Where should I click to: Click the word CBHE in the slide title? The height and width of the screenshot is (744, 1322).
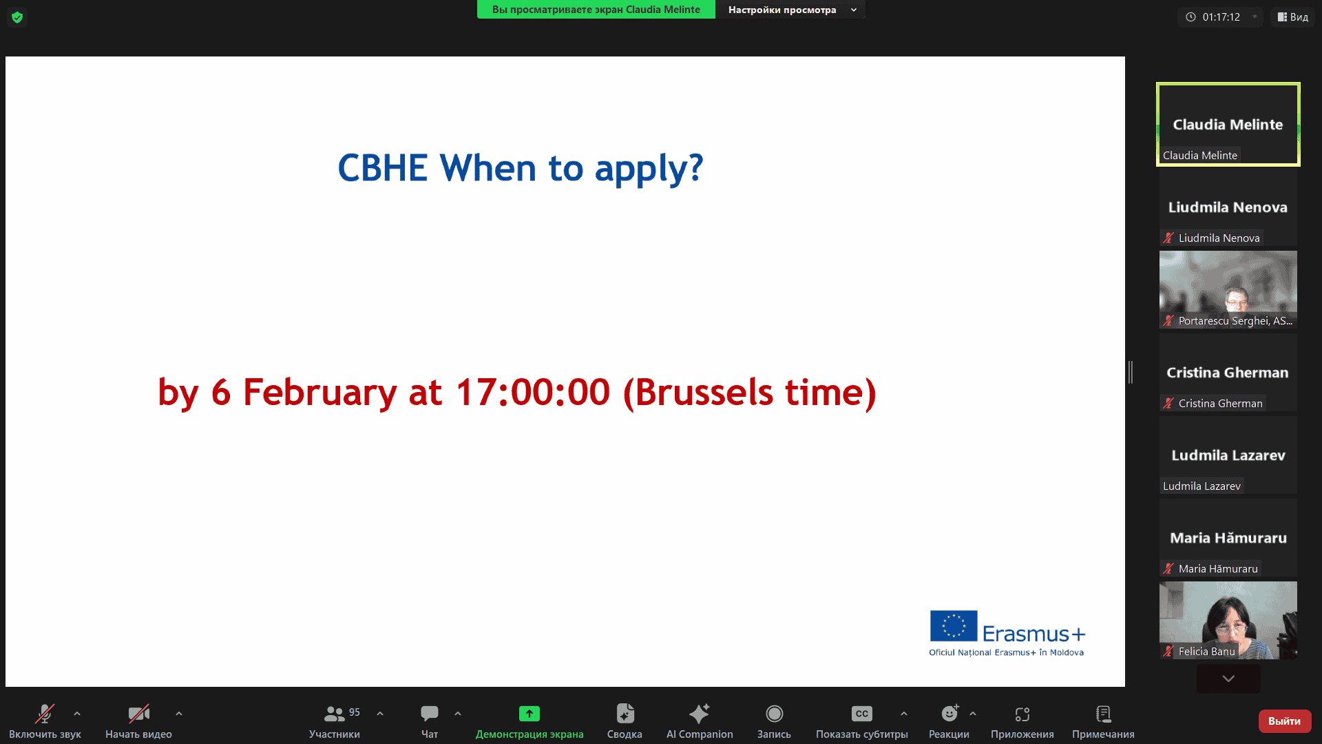coord(382,168)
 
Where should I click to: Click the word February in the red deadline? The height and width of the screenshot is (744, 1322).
coord(320,392)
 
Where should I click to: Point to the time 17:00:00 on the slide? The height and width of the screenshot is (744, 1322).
coord(533,392)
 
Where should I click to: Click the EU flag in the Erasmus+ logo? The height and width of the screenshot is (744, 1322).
coord(954,626)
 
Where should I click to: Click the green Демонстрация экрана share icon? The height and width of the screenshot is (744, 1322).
coord(529,714)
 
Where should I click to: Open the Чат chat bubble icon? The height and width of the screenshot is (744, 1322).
coord(430,714)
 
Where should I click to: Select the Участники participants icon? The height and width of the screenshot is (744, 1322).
coord(334,714)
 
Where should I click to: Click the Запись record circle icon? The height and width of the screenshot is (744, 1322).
coord(775,714)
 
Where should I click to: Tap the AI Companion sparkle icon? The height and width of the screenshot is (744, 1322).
coord(700,713)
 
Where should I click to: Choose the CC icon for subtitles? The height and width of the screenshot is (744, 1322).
coord(861,714)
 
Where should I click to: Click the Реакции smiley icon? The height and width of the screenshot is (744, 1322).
coord(950,713)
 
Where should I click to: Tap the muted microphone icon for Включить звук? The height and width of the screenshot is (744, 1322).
coord(45,714)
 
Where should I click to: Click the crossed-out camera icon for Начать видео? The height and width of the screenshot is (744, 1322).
coord(139,714)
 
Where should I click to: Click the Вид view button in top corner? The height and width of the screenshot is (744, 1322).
coord(1293,17)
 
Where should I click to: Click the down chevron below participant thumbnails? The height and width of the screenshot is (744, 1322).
coord(1228,679)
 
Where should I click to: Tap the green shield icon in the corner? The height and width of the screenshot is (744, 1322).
coord(17,17)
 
